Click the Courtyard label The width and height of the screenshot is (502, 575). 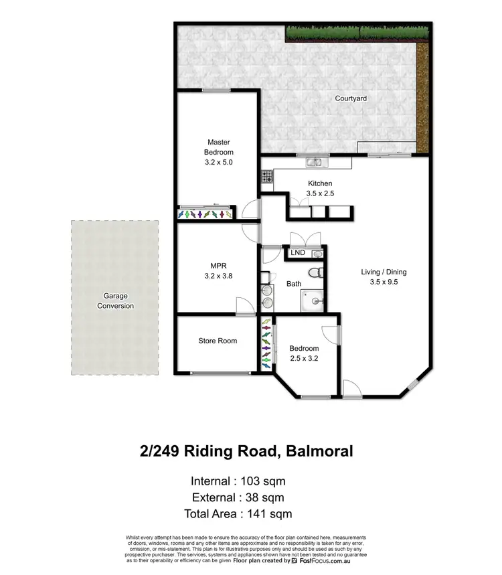(351, 98)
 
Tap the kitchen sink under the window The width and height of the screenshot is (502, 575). (314, 162)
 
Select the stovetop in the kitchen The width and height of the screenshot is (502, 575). (266, 177)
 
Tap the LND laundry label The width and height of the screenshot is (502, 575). (298, 253)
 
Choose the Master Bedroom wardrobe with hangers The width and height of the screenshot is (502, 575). (205, 214)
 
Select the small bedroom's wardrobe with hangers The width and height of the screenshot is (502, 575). (266, 343)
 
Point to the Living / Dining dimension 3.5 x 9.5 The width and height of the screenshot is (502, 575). (384, 282)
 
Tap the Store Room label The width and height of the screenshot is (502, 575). (218, 341)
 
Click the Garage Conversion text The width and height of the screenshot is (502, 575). (115, 301)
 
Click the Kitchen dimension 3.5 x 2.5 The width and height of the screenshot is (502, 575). (320, 193)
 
